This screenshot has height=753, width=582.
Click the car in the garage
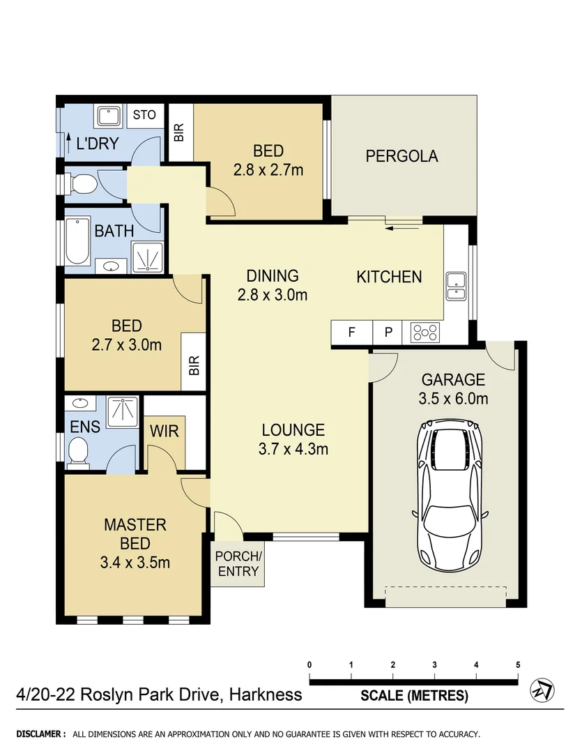click(450, 495)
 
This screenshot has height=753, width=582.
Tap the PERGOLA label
click(401, 155)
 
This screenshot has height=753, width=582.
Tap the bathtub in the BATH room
click(77, 241)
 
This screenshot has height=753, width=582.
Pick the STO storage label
click(144, 114)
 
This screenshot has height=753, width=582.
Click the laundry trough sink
click(109, 116)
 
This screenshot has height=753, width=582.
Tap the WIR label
click(164, 432)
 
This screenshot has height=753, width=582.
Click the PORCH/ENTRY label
click(238, 564)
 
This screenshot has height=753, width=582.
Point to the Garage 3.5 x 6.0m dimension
click(453, 399)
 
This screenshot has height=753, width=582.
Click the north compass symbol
click(542, 690)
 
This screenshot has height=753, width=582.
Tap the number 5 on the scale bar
click(518, 664)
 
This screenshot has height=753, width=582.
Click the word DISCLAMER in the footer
click(40, 734)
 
